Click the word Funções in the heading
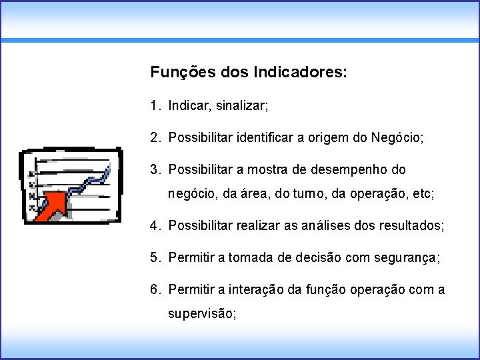coord(175,71)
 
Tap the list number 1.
coord(154,105)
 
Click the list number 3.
coord(154,170)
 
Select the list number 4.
coord(154,226)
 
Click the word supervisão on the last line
coord(202,314)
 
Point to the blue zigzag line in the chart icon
coord(90,183)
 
